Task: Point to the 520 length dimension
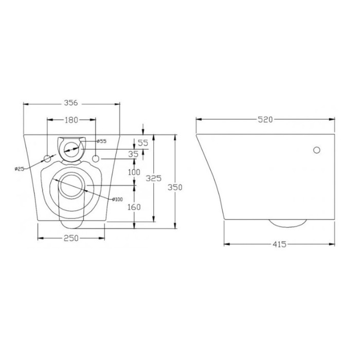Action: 265,119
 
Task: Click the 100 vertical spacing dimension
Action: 135,172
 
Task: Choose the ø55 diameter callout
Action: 101,141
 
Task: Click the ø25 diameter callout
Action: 20,169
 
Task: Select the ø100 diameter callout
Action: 118,199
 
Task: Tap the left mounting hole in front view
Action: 48,158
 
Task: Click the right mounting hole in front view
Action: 97,158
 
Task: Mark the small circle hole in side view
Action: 317,150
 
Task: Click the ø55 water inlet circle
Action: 72,148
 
